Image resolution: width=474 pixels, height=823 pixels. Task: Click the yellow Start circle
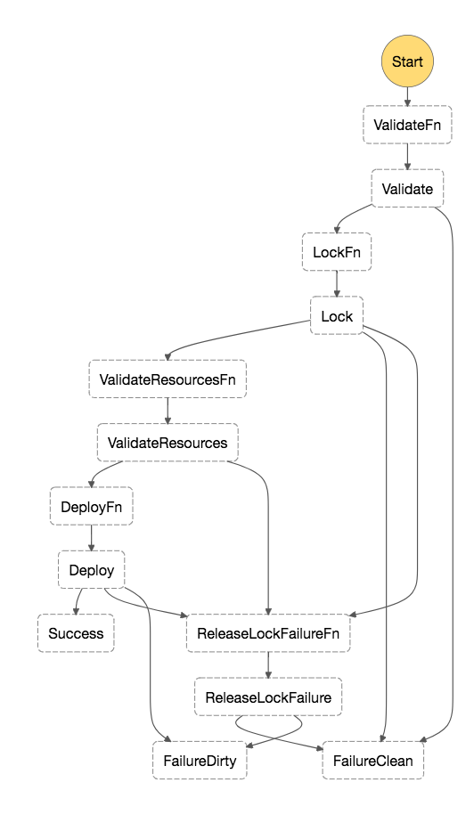tap(407, 61)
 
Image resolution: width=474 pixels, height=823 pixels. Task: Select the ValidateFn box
tap(407, 125)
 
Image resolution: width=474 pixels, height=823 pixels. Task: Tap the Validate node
tap(407, 189)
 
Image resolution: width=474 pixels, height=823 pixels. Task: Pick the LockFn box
tap(337, 252)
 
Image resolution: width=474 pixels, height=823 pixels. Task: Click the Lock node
tap(337, 315)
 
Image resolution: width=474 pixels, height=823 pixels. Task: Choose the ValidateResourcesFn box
tap(168, 379)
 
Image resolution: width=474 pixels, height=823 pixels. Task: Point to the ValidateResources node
tap(168, 443)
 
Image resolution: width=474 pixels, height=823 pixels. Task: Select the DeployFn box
tap(92, 507)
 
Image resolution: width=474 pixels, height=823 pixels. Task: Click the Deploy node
tap(92, 570)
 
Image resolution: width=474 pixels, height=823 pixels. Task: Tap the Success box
tap(76, 633)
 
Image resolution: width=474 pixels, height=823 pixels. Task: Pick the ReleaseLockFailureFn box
tap(268, 633)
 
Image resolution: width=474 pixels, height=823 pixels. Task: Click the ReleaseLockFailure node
tap(268, 697)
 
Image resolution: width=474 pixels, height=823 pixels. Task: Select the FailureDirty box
tap(200, 761)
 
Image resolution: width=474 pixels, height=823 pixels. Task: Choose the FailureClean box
tap(372, 761)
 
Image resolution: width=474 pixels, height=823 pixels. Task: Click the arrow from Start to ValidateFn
tap(407, 96)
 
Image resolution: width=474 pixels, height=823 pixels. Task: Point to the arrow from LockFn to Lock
tap(337, 284)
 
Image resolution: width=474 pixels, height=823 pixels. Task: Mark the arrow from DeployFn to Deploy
tap(92, 538)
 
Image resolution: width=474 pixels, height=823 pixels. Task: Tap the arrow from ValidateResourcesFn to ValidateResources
tap(168, 411)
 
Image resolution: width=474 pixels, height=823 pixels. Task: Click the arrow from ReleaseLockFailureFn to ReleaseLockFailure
tap(268, 665)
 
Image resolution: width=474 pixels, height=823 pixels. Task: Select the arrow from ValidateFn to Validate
tap(407, 157)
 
